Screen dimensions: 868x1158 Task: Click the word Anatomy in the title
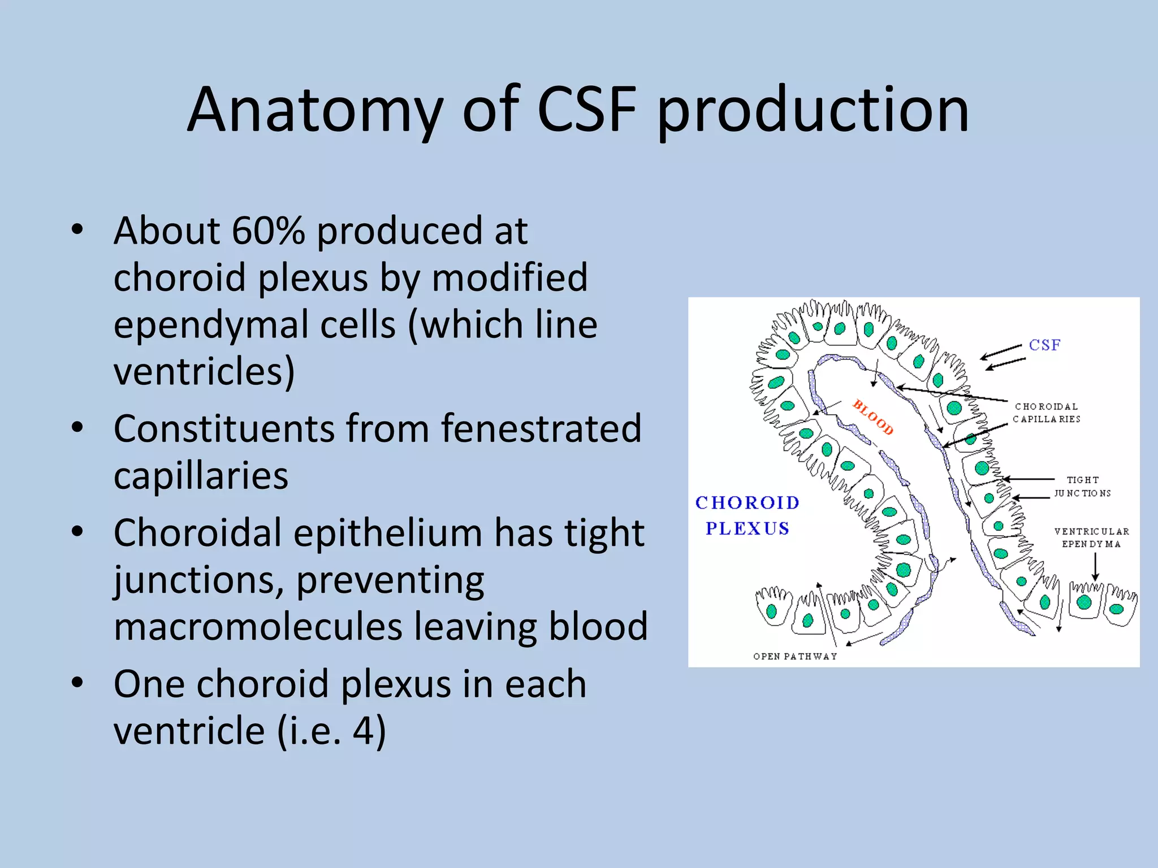point(314,110)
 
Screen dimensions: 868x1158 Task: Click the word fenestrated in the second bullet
point(541,428)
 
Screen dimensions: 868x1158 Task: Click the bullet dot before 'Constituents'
point(77,427)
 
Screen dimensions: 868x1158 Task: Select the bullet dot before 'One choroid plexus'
point(77,683)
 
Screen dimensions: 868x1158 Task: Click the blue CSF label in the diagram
point(1044,345)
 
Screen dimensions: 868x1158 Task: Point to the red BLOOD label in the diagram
point(872,418)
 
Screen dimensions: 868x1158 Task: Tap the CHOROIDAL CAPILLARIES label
point(1046,413)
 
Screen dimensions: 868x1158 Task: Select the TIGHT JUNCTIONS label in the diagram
point(1082,486)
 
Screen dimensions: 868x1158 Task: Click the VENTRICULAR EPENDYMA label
point(1091,537)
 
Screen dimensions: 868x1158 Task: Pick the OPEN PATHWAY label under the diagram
point(794,656)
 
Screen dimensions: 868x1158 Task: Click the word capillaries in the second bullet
point(201,475)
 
